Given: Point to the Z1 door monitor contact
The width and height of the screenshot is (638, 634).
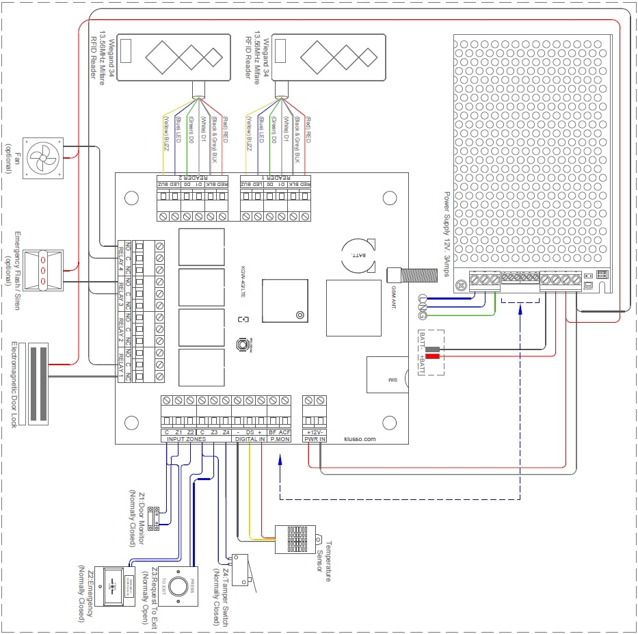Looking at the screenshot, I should pos(156,517).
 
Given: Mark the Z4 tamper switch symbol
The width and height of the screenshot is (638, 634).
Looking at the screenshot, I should pos(240,570).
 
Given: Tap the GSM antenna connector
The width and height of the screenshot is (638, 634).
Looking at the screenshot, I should pos(403,275).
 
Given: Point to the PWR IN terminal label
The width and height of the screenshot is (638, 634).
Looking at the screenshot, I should pos(315,440).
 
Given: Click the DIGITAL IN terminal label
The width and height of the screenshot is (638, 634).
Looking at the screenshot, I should pos(250,440).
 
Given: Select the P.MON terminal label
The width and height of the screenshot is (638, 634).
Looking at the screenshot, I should pos(280,440).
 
